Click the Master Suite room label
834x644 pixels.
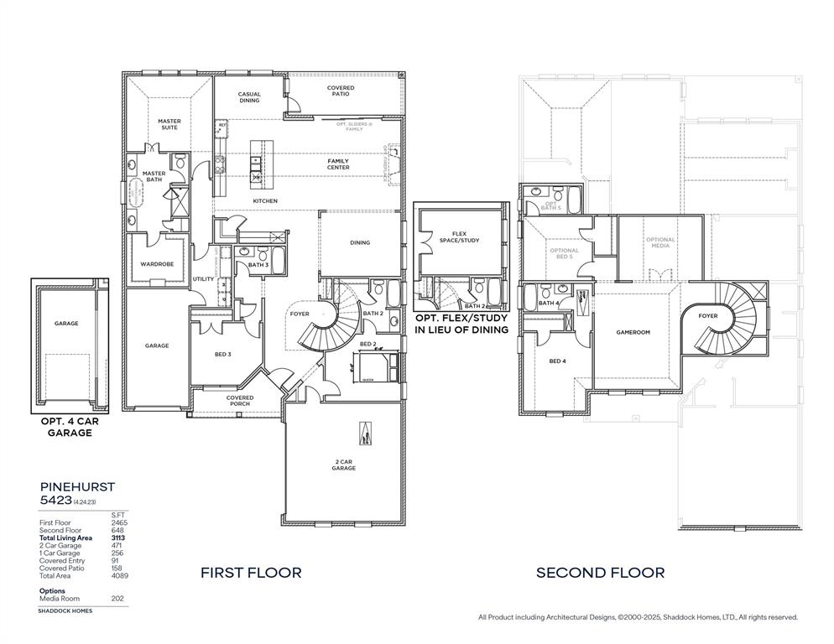[x=169, y=124]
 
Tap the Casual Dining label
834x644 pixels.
[x=249, y=97]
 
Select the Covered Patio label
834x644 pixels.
[x=341, y=91]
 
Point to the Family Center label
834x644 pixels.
[x=338, y=164]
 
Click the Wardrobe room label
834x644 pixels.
[x=156, y=264]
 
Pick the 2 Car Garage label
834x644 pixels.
[x=343, y=465]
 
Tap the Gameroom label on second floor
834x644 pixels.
[x=633, y=332]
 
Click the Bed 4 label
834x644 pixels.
[x=558, y=361]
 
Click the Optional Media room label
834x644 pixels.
[x=660, y=243]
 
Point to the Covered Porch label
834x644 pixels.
[x=239, y=401]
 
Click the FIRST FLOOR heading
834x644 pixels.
[x=251, y=573]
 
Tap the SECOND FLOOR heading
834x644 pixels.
[x=601, y=573]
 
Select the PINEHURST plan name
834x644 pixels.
[x=77, y=486]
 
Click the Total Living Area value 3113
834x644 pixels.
[x=118, y=538]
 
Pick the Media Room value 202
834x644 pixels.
[x=117, y=599]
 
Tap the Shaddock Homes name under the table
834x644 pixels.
[x=65, y=611]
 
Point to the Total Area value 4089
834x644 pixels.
[x=118, y=575]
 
